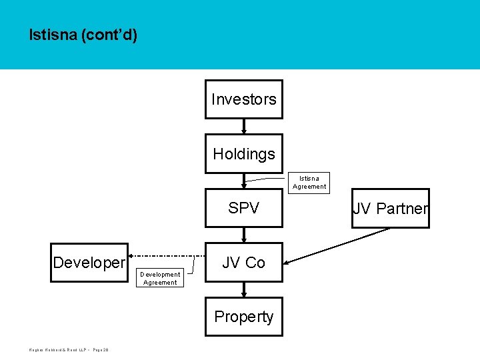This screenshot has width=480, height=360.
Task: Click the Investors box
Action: [x=243, y=99]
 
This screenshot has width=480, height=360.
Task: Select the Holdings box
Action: [x=243, y=154]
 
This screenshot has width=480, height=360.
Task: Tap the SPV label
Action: [x=243, y=208]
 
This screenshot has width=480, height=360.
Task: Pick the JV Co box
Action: [x=243, y=263]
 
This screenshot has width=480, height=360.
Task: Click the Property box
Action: [x=243, y=317]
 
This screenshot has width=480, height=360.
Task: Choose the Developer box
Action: [x=89, y=263]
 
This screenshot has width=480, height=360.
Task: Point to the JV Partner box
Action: [x=391, y=209]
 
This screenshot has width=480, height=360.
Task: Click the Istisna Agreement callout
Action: [x=309, y=183]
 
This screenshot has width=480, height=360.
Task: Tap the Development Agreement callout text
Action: [x=160, y=278]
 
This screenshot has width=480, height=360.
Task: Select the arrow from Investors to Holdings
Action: [x=244, y=127]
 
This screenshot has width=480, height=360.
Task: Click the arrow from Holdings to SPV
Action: [x=244, y=181]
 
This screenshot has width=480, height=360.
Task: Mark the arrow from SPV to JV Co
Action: [x=244, y=235]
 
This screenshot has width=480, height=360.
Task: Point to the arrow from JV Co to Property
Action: [x=244, y=289]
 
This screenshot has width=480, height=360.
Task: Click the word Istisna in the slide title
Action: [x=52, y=35]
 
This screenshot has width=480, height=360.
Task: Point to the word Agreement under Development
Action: [x=160, y=283]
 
